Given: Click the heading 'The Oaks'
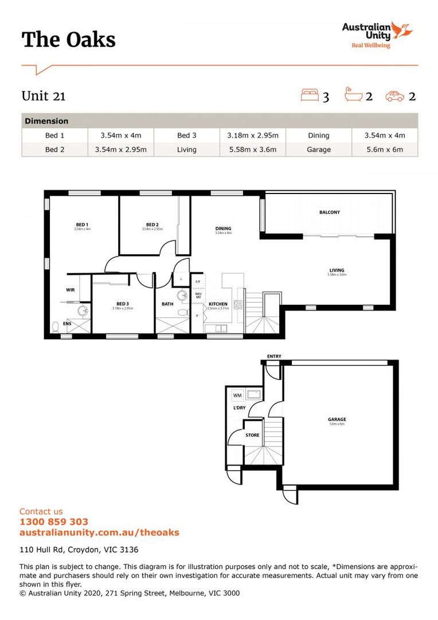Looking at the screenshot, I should (x=69, y=40).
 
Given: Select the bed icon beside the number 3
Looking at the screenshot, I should (x=309, y=95).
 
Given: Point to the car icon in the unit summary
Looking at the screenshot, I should (x=395, y=96).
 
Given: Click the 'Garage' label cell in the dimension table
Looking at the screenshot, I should (x=318, y=149).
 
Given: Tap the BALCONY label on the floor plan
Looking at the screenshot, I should (x=330, y=212).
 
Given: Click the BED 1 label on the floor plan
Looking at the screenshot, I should (x=82, y=224).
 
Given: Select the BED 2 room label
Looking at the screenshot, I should (x=152, y=224).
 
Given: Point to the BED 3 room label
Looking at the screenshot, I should (x=122, y=304).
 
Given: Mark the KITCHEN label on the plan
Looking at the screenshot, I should (x=218, y=304).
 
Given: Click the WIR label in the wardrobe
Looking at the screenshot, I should (x=71, y=290).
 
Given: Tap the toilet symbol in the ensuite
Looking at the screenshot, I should (x=56, y=327).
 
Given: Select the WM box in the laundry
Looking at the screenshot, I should (x=237, y=395).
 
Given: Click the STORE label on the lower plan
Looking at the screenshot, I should (x=252, y=435).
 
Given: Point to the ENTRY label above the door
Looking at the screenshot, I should (x=274, y=356).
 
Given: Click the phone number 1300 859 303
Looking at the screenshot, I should (x=54, y=522).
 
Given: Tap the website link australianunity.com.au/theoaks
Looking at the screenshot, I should (x=99, y=532).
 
